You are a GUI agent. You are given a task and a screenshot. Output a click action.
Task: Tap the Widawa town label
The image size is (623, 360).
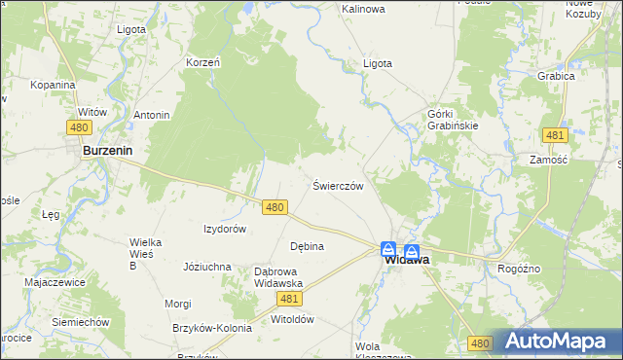pos(407,260)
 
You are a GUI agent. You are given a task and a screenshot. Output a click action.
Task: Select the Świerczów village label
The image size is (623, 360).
pos(338,185)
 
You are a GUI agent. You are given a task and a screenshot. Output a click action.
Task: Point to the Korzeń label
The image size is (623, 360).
pos(203,62)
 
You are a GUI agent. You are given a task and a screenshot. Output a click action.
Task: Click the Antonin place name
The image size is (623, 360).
pos(152,115)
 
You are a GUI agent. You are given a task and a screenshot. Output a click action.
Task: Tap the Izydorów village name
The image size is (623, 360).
pos(224,229)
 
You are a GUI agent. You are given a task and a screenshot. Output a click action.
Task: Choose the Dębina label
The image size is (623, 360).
pos(307,246)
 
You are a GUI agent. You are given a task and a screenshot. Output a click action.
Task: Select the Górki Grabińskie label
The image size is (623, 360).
pos(454,119)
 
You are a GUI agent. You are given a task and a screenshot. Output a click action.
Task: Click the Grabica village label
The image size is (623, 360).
pos(557,75)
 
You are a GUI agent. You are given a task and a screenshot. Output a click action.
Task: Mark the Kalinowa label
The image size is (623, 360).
pos(363,9)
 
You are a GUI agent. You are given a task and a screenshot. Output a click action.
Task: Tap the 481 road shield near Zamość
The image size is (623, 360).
pos(555,135)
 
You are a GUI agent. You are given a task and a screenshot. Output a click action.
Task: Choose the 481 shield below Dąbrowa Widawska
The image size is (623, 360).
pos(290,300)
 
